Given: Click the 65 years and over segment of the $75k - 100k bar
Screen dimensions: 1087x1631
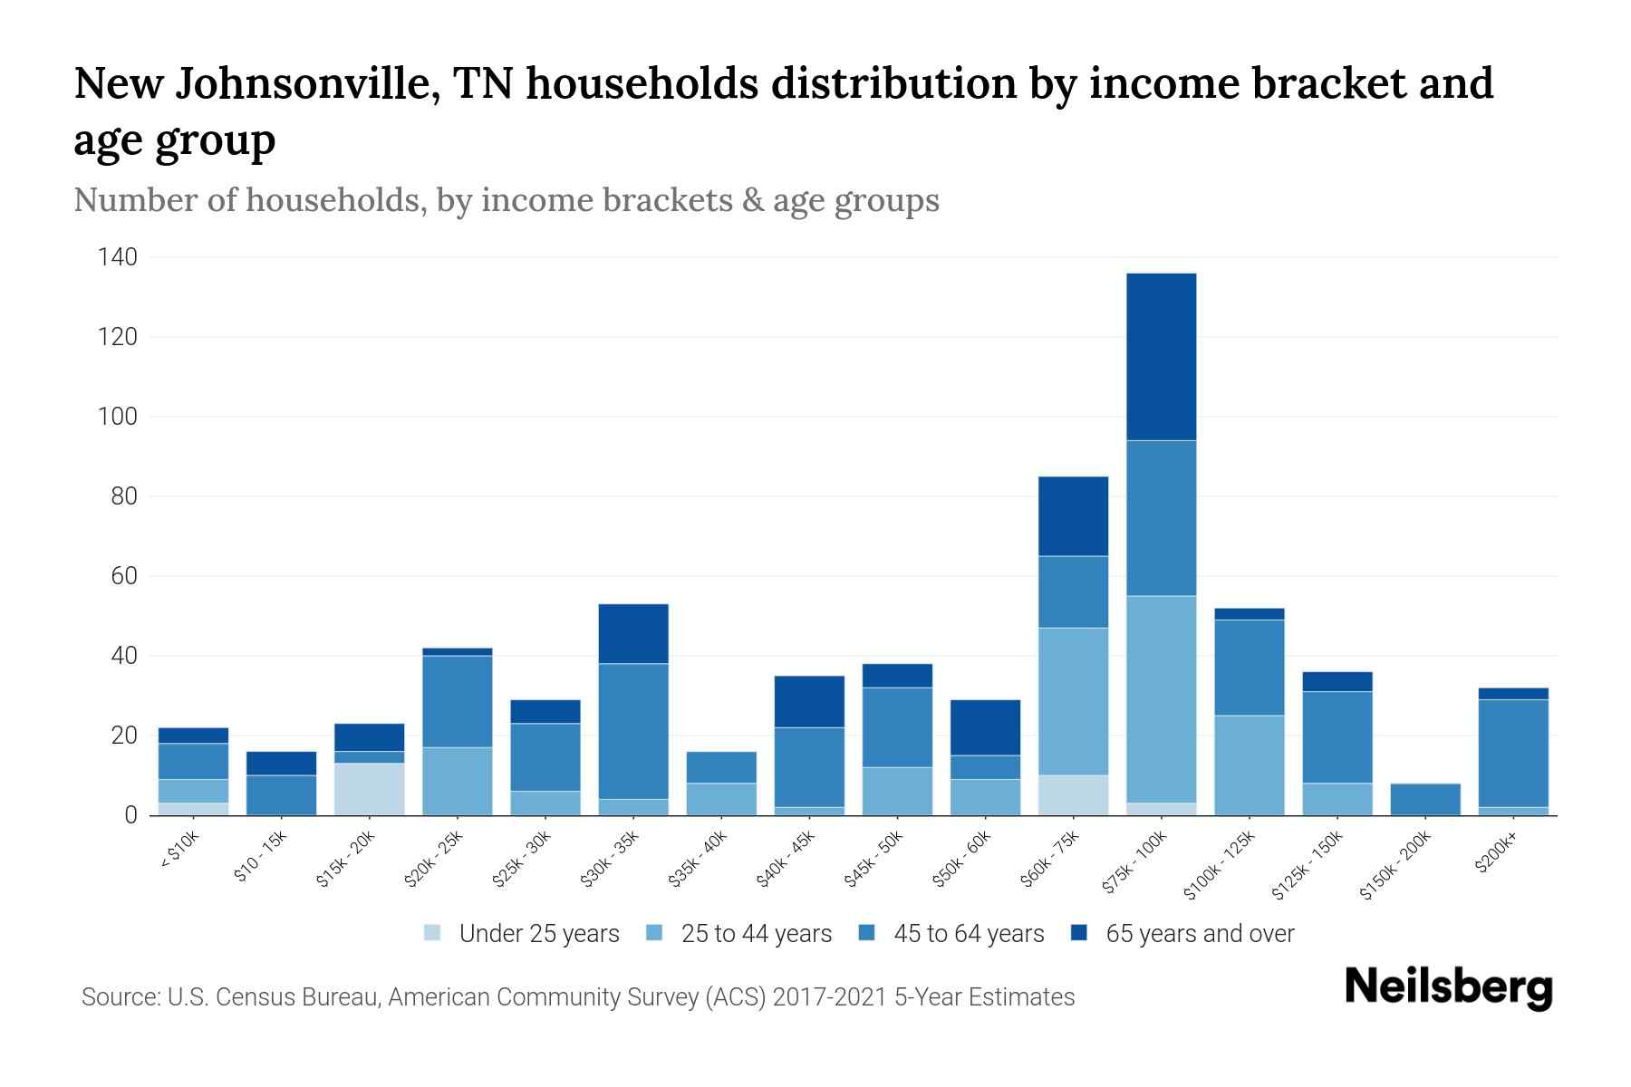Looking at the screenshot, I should (1161, 357).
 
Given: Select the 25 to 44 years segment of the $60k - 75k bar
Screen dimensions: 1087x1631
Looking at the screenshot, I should (1073, 701).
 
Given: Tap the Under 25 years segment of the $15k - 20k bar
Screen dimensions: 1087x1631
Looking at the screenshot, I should (369, 789).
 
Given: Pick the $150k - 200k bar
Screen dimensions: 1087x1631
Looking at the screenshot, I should (1425, 799).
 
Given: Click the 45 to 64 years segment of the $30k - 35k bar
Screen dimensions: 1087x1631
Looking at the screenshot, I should (633, 731).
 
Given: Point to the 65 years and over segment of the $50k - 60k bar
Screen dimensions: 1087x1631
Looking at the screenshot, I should (985, 727).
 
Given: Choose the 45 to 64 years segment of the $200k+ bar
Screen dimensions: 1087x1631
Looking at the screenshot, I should (1513, 753).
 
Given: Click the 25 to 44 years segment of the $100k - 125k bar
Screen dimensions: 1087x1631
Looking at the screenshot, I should (1249, 765).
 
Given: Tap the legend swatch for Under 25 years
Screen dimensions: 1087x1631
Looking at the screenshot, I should (433, 932).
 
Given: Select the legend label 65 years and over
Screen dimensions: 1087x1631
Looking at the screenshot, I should (1200, 934).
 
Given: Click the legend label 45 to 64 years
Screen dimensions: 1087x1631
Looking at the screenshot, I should (969, 934).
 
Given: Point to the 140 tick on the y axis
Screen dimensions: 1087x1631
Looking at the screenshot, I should (117, 258).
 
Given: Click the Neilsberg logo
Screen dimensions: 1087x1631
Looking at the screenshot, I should (1448, 987).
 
